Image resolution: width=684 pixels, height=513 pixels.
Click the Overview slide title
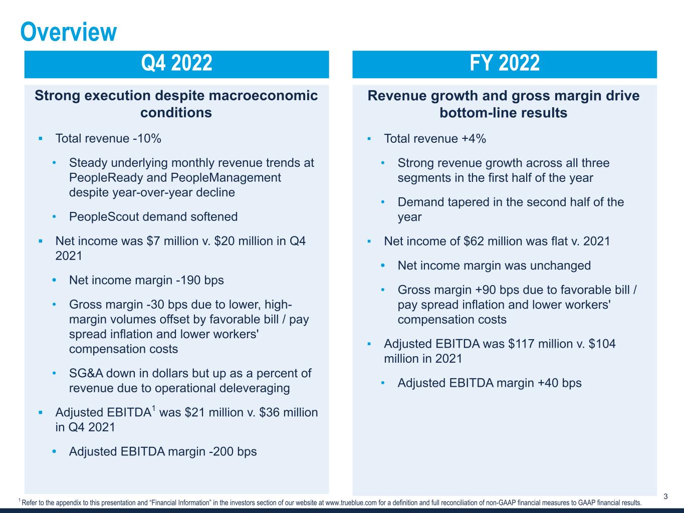coord(69,32)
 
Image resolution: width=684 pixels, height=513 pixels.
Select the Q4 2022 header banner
coord(176,64)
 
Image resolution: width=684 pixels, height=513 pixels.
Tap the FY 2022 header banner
coord(504,64)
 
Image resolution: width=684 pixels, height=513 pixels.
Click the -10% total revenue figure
coord(147,138)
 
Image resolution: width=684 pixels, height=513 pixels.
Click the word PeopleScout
coord(102,216)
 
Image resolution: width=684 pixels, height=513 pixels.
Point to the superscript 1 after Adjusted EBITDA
coord(153,409)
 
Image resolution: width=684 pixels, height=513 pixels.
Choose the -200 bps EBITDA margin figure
coord(232,451)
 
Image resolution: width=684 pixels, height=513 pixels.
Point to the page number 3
coord(665,496)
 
